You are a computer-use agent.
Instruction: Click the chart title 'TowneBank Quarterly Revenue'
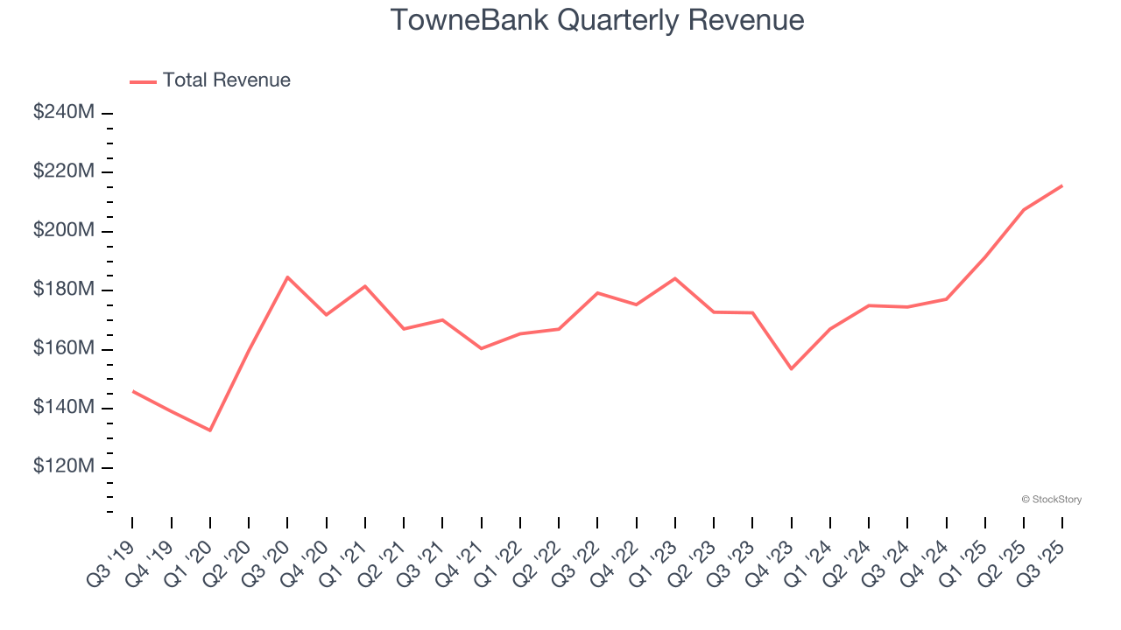pyautogui.click(x=596, y=19)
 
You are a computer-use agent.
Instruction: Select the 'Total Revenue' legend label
pyautogui.click(x=226, y=80)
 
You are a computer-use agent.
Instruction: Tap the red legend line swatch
pyautogui.click(x=143, y=81)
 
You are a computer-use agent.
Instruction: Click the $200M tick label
pyautogui.click(x=64, y=230)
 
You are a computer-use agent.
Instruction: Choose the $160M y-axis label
pyautogui.click(x=64, y=348)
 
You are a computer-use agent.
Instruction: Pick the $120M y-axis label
pyautogui.click(x=64, y=466)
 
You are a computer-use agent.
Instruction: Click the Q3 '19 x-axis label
pyautogui.click(x=111, y=561)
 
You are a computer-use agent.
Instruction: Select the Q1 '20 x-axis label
pyautogui.click(x=188, y=561)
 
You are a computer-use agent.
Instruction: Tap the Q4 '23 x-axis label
pyautogui.click(x=770, y=561)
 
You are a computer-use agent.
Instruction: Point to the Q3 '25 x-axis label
pyautogui.click(x=1041, y=561)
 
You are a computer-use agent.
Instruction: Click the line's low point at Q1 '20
pyautogui.click(x=210, y=430)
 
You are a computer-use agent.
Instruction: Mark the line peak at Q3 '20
pyautogui.click(x=287, y=277)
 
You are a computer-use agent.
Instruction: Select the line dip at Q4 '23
pyautogui.click(x=791, y=369)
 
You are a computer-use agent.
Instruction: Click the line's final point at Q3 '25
pyautogui.click(x=1062, y=185)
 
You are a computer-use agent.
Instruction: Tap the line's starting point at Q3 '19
pyautogui.click(x=133, y=391)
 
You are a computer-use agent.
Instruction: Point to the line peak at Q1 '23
pyautogui.click(x=675, y=278)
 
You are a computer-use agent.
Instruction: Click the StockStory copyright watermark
pyautogui.click(x=1051, y=500)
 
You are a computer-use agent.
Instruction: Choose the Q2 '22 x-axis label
pyautogui.click(x=537, y=561)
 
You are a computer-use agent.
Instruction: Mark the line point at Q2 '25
pyautogui.click(x=1024, y=210)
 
